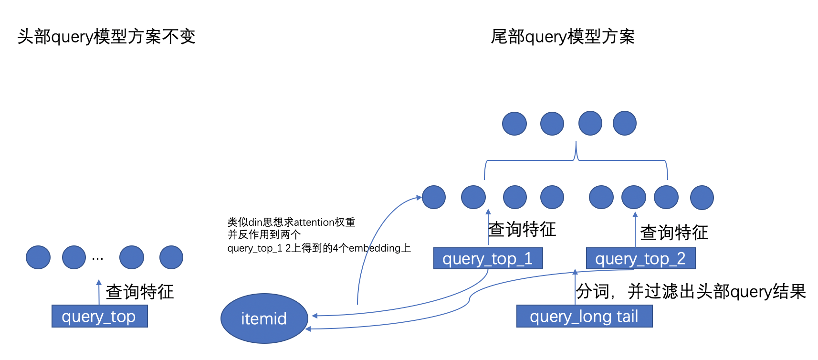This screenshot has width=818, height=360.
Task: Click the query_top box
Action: (x=99, y=316)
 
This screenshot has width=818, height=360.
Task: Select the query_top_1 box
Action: (x=488, y=258)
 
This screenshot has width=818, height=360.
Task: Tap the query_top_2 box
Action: (x=640, y=258)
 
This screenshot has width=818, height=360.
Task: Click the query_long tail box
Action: (x=584, y=316)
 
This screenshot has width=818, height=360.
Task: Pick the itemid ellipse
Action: (x=264, y=318)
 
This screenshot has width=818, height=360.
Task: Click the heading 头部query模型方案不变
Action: (x=106, y=37)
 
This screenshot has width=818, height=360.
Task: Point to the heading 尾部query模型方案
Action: (x=563, y=37)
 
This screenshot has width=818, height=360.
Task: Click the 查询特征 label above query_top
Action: (x=139, y=292)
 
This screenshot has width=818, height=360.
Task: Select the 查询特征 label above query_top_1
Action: (x=522, y=230)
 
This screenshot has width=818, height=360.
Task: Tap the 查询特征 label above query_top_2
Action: (x=674, y=233)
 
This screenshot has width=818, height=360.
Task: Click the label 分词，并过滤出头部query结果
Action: (x=691, y=291)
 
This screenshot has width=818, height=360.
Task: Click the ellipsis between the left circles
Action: (x=97, y=258)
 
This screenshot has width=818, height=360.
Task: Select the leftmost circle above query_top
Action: (x=38, y=257)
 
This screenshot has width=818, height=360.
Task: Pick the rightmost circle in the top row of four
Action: (x=624, y=123)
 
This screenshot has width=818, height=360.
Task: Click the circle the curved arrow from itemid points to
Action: (x=434, y=197)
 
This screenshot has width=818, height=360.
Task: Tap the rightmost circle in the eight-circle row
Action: (x=702, y=198)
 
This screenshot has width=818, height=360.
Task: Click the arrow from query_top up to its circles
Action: (x=99, y=292)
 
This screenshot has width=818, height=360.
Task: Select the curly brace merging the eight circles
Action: (x=576, y=160)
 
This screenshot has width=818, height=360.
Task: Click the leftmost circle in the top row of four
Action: (x=514, y=123)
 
